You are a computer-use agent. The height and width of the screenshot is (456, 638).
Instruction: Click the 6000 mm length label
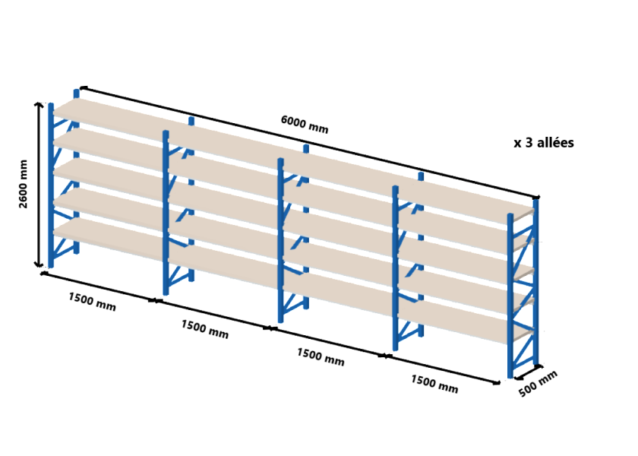coord(305,124)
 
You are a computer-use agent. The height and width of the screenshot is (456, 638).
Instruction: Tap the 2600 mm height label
coord(24,184)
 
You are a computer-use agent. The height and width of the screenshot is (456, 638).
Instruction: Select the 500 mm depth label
coord(538,384)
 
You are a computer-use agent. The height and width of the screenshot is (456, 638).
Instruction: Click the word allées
coord(555,143)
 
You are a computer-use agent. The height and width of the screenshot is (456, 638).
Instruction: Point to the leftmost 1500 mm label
coord(92,301)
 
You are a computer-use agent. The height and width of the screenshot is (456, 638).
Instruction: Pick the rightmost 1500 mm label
coord(434,384)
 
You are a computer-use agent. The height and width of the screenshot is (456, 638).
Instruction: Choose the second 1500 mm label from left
coord(204,329)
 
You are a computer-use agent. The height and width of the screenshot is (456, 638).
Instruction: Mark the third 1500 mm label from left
coord(321,356)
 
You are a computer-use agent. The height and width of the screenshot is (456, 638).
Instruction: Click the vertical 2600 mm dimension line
coord(39,185)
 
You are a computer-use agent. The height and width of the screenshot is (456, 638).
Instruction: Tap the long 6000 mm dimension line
coord(309,143)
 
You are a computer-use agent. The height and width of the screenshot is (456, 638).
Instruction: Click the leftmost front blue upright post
coord(51,185)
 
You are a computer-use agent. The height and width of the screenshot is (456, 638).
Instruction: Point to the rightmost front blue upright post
coord(510,296)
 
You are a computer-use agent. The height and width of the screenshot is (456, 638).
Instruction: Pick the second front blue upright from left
coord(166,213)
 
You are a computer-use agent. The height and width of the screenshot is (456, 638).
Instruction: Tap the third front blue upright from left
coord(281,240)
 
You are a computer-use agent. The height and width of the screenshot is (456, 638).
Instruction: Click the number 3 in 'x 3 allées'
coord(529,143)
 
